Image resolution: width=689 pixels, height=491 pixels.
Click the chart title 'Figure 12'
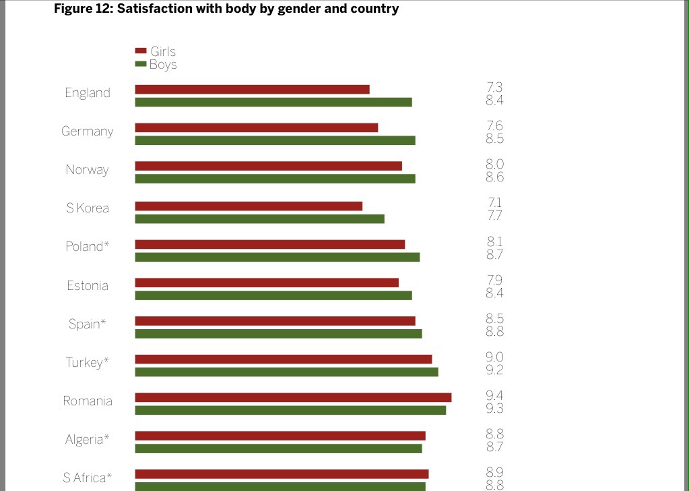click(226, 9)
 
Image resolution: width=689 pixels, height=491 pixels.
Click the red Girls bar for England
click(252, 89)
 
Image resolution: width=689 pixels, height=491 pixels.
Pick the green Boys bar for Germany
click(275, 140)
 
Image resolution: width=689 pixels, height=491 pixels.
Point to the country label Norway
click(87, 169)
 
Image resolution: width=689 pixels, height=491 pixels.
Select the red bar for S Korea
click(249, 206)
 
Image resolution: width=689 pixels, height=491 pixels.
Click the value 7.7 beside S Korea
click(494, 216)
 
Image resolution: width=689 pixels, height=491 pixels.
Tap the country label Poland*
click(87, 246)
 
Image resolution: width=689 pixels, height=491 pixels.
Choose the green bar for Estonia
click(273, 295)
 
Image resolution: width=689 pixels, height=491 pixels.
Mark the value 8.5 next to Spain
click(494, 319)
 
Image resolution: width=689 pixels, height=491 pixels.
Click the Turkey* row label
click(87, 362)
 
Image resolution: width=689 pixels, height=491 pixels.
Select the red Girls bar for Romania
click(293, 397)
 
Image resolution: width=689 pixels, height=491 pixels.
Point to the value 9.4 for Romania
click(494, 396)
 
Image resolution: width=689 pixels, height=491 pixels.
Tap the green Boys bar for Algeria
click(278, 449)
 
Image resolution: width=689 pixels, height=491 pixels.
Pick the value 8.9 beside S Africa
click(494, 472)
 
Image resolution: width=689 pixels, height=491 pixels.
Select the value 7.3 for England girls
click(494, 87)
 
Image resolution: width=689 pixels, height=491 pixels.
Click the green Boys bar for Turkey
click(286, 372)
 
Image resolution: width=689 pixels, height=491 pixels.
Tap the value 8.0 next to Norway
click(494, 164)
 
